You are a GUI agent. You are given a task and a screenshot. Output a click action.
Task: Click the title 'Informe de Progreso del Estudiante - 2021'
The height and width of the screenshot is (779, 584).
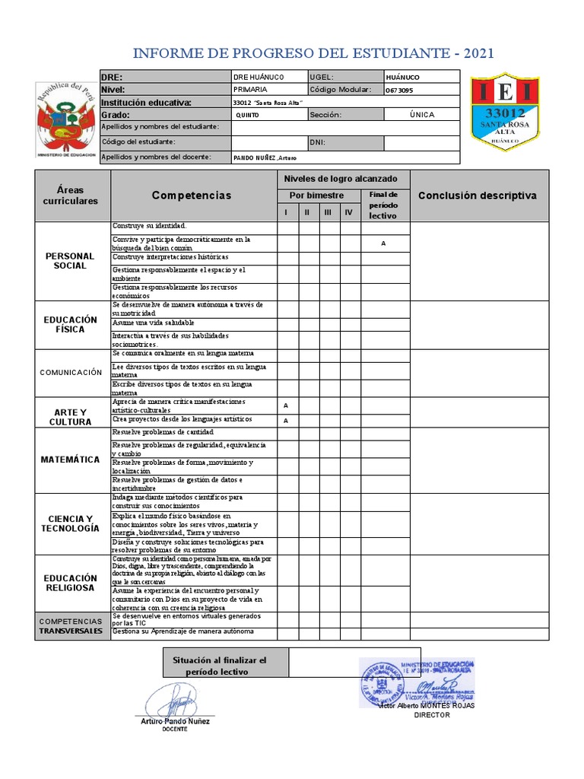pos(313,53)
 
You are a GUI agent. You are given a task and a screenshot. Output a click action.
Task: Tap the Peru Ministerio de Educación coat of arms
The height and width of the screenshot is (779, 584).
pos(66,120)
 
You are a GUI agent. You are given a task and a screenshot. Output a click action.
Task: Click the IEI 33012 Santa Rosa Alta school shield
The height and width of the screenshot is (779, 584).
pos(504,111)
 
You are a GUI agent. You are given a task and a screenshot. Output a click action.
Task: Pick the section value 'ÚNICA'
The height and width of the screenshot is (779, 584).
pos(421,114)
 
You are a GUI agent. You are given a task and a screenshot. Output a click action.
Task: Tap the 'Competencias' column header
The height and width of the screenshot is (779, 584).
pos(191,196)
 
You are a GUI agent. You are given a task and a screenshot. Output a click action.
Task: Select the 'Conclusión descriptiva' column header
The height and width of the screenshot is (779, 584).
pos(478,196)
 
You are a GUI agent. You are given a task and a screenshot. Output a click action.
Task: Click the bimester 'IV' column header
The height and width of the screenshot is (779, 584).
pos(348,212)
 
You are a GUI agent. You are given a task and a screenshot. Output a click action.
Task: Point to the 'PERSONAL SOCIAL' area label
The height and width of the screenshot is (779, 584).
pos(70,261)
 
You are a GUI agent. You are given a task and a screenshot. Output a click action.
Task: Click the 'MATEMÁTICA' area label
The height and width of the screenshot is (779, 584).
pos(70,459)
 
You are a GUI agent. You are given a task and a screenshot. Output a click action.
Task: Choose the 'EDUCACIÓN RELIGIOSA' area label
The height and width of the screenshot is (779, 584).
pos(70,583)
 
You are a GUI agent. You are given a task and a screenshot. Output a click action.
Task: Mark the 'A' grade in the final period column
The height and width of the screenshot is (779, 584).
pos(383,243)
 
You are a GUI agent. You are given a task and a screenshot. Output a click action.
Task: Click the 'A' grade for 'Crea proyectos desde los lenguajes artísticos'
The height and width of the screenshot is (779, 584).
pos(286,420)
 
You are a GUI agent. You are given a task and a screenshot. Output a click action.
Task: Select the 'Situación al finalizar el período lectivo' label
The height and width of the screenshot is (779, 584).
pos(226,666)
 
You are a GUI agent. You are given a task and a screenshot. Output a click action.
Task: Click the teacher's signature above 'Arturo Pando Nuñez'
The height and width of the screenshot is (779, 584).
pos(175,698)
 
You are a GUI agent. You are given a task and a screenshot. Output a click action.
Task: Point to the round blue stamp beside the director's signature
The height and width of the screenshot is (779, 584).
pos(382,681)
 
